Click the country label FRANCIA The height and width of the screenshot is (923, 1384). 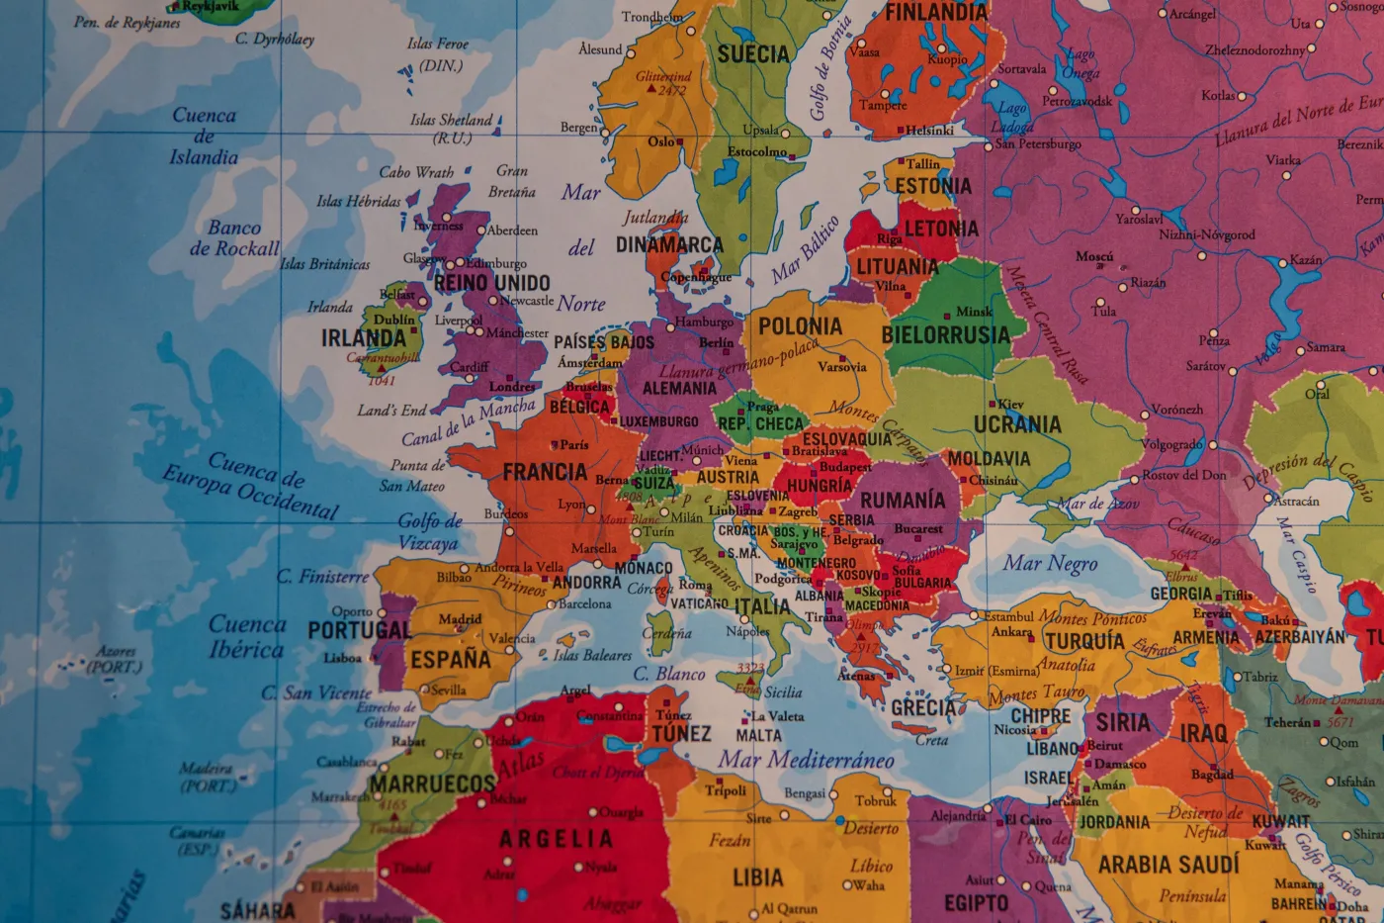pyautogui.click(x=545, y=472)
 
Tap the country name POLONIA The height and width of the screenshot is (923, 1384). pyautogui.click(x=800, y=326)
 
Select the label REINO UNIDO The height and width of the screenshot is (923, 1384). pyautogui.click(x=491, y=283)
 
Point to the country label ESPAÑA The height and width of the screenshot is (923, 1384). pyautogui.click(x=451, y=659)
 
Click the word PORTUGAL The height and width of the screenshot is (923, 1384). pyautogui.click(x=359, y=630)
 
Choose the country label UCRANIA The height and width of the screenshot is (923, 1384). pyautogui.click(x=1017, y=424)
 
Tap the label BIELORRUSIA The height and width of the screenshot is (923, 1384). pyautogui.click(x=945, y=335)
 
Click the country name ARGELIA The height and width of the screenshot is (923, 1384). pyautogui.click(x=556, y=840)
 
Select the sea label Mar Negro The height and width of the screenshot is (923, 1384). pyautogui.click(x=1050, y=564)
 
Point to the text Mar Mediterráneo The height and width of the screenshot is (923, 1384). pyautogui.click(x=806, y=760)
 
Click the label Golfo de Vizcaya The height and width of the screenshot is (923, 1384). pyautogui.click(x=429, y=531)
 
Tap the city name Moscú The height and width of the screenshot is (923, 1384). pyautogui.click(x=1094, y=256)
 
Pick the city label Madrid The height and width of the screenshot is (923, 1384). pyautogui.click(x=460, y=619)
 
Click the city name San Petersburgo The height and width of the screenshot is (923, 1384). pyautogui.click(x=1037, y=143)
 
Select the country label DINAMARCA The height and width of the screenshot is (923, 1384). pyautogui.click(x=669, y=244)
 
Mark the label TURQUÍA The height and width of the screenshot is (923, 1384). pyautogui.click(x=1084, y=641)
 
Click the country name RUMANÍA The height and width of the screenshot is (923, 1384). pyautogui.click(x=902, y=501)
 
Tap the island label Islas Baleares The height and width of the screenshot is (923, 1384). pyautogui.click(x=592, y=655)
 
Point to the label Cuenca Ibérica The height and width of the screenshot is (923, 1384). pyautogui.click(x=247, y=637)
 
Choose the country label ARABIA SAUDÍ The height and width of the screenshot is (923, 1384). pyautogui.click(x=1168, y=865)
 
